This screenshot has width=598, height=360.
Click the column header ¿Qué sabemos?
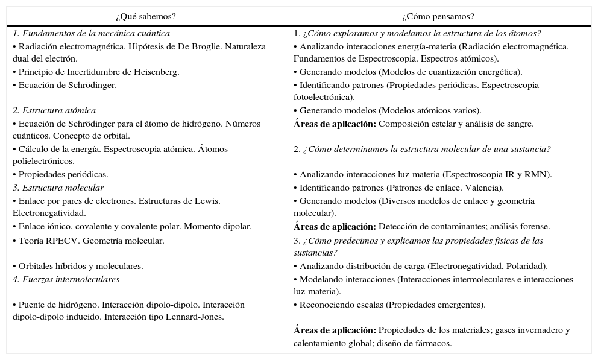(149, 17)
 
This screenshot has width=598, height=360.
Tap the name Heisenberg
(156, 72)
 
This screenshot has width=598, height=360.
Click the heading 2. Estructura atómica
(54, 111)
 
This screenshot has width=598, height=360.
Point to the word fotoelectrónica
(323, 98)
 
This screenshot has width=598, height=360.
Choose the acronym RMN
(538, 175)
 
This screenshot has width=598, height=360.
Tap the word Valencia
(483, 188)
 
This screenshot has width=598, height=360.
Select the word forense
(534, 227)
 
